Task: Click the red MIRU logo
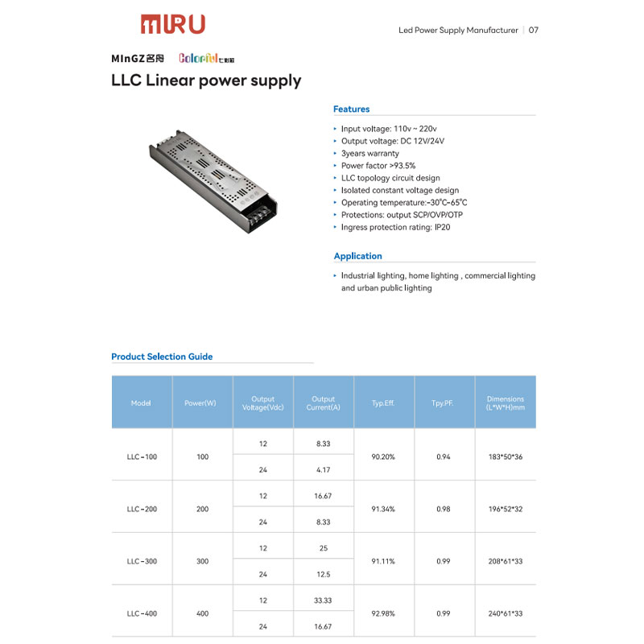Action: click(172, 24)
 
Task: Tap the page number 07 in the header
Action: click(534, 31)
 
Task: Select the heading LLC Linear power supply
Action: click(206, 80)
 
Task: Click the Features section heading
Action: click(352, 109)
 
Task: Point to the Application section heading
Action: click(358, 256)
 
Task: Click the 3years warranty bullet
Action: click(369, 153)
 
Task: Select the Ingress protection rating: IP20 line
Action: click(395, 228)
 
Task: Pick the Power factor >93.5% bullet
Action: click(378, 166)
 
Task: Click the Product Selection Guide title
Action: click(162, 357)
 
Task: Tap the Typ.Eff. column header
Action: click(383, 403)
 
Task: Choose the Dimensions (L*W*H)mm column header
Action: click(506, 403)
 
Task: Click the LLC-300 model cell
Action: click(142, 561)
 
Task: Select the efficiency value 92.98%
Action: click(383, 613)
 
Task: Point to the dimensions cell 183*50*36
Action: click(506, 456)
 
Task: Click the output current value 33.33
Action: click(323, 600)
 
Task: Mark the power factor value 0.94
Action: click(444, 456)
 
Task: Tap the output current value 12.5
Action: click(323, 574)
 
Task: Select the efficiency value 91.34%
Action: click(383, 509)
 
